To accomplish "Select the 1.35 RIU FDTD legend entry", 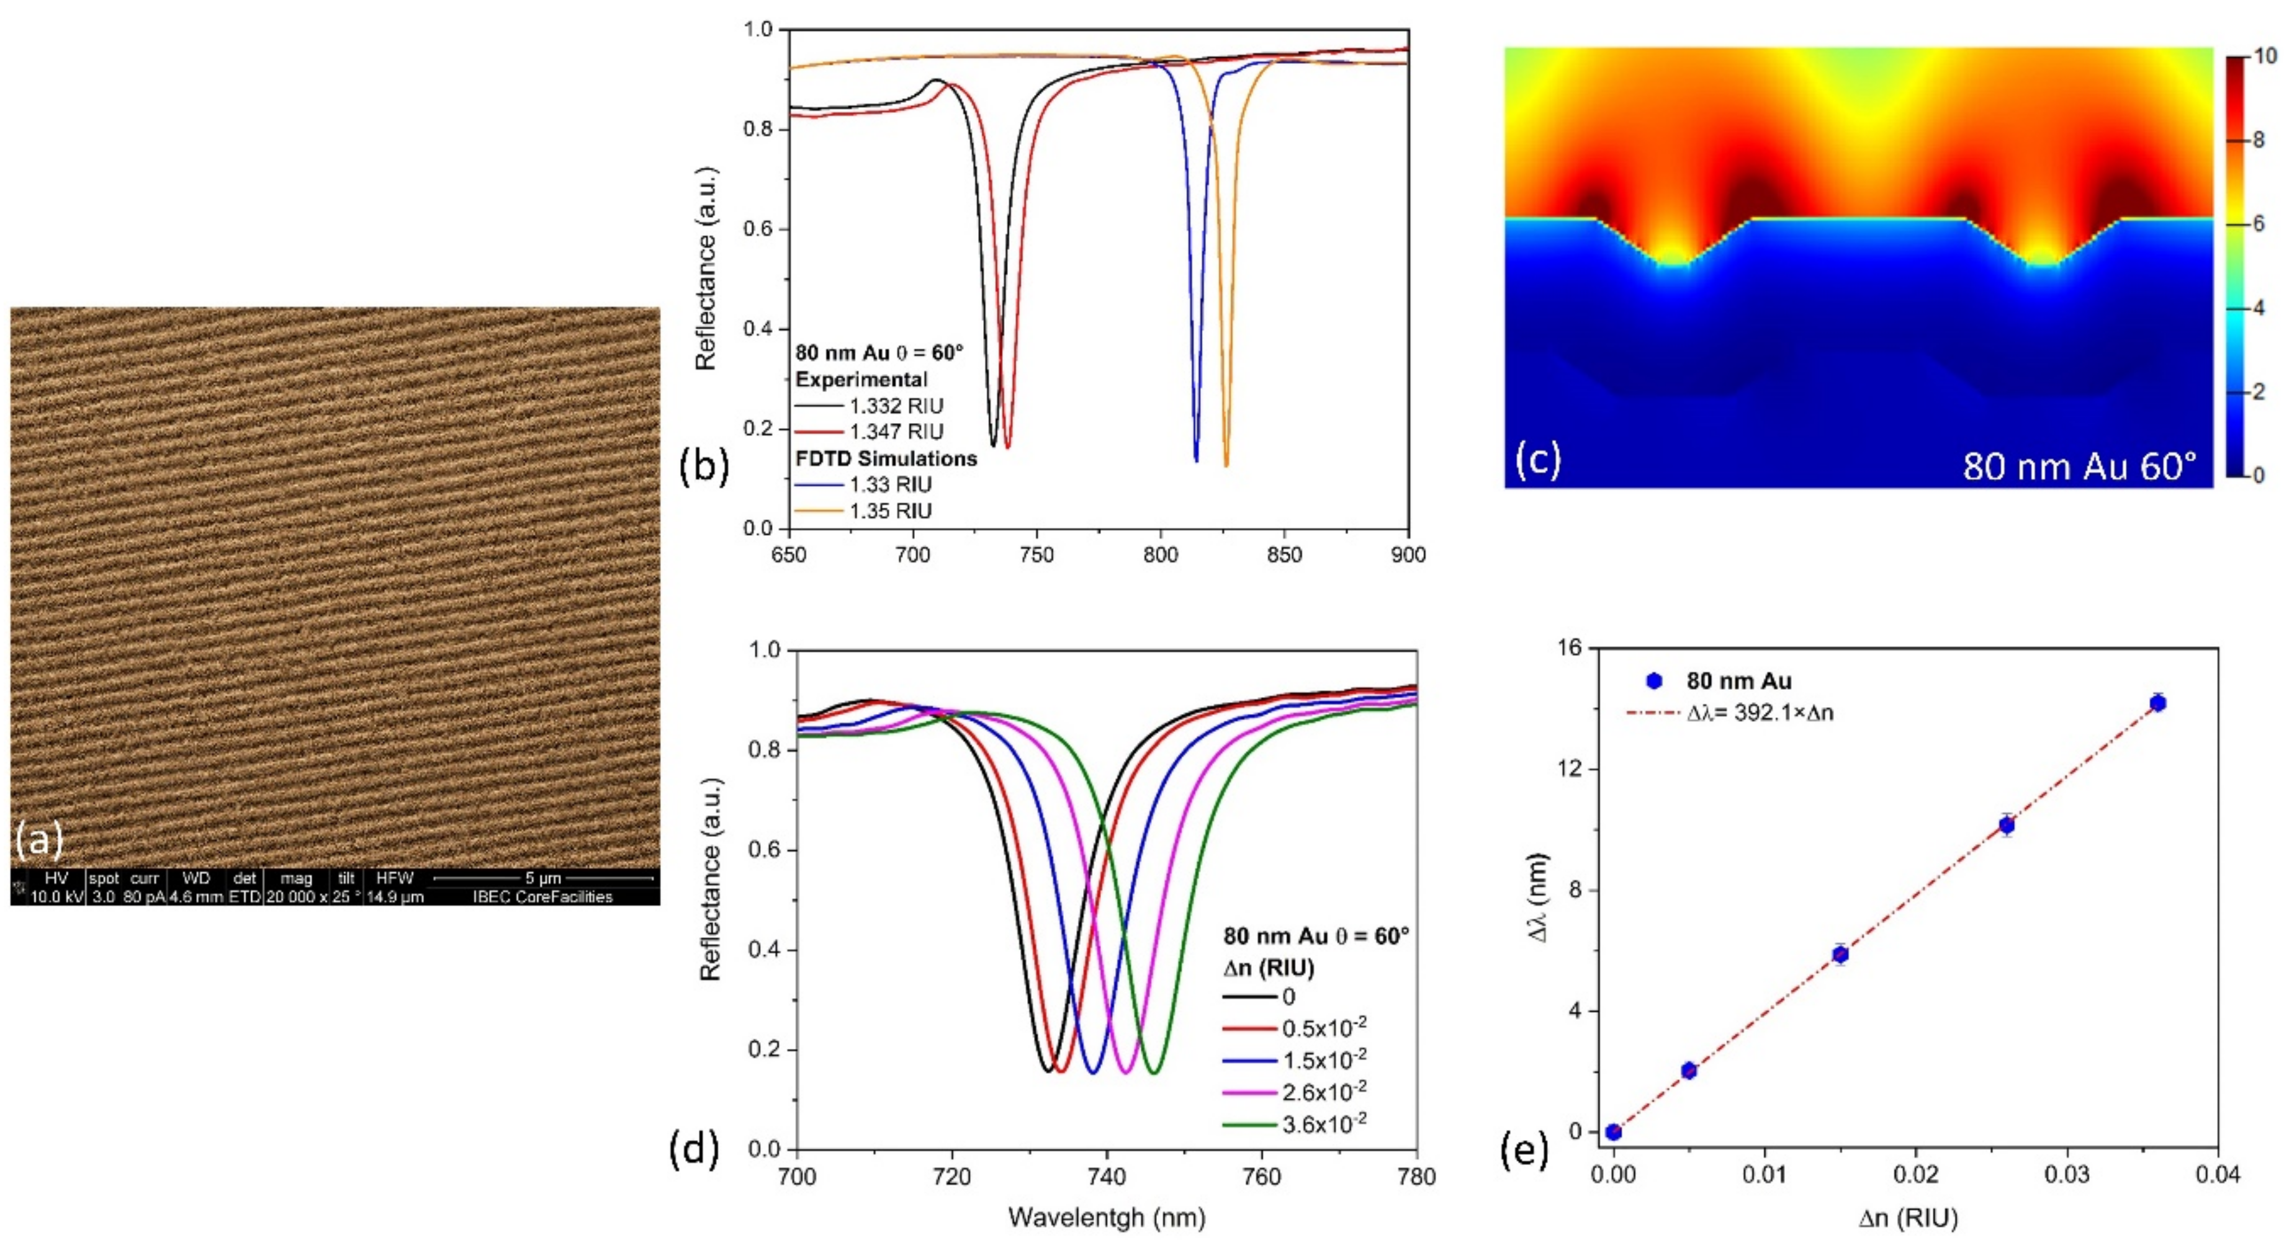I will coord(889,510).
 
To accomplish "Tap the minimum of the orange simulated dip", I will coord(1226,465).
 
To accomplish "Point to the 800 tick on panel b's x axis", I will coord(1161,555).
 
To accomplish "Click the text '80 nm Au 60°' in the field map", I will coord(2079,465).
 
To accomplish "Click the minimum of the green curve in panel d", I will coord(1154,1073).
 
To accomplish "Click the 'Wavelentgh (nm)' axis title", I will coord(1107,1218).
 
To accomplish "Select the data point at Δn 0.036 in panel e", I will coord(2158,703).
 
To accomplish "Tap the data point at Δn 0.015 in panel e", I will coord(1841,955).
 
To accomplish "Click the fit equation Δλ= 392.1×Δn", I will coord(1760,711).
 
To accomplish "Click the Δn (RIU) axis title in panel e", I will coord(1908,1219).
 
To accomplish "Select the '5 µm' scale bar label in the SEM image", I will coord(542,878).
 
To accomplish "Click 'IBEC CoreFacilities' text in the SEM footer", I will coord(542,896).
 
